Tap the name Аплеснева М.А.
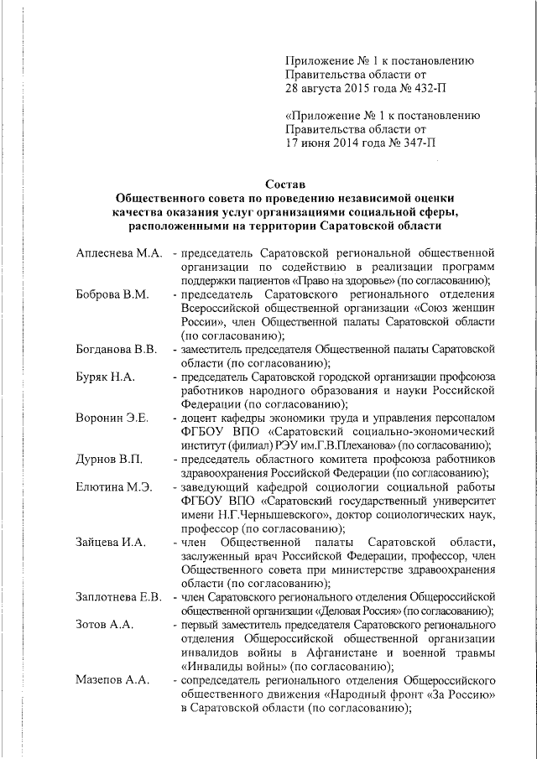(117, 252)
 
